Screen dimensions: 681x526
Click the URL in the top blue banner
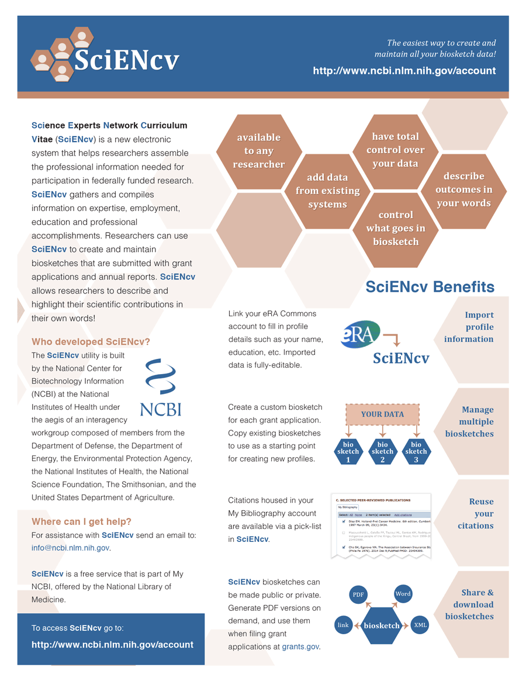point(404,71)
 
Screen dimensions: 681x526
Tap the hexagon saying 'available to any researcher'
point(258,151)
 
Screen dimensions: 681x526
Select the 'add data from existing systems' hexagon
point(327,191)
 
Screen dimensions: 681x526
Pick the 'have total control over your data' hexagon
point(395,150)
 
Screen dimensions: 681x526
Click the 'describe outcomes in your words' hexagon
point(463,189)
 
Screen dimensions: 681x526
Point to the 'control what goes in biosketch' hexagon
point(396,228)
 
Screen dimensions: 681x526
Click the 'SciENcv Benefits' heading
point(430,287)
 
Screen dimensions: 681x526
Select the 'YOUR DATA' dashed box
point(382,414)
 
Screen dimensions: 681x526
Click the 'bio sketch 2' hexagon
point(382,452)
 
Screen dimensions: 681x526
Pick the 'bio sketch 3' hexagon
point(416,452)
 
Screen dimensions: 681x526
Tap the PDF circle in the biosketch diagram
point(358,595)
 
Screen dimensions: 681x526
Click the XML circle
point(420,625)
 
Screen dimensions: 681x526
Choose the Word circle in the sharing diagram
point(403,594)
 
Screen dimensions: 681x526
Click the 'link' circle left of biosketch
point(343,625)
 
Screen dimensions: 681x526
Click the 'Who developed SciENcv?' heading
point(91,342)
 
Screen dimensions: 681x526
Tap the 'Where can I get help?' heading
point(81,521)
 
